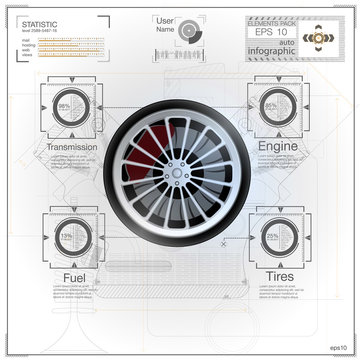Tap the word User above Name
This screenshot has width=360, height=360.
pyautogui.click(x=166, y=19)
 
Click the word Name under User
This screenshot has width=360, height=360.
pyautogui.click(x=166, y=29)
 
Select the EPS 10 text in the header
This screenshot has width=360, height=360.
pyautogui.click(x=265, y=32)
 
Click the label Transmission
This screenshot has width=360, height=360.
pyautogui.click(x=71, y=147)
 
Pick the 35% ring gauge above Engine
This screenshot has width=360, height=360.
pyautogui.click(x=271, y=106)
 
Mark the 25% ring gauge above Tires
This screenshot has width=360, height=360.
pyautogui.click(x=272, y=236)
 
